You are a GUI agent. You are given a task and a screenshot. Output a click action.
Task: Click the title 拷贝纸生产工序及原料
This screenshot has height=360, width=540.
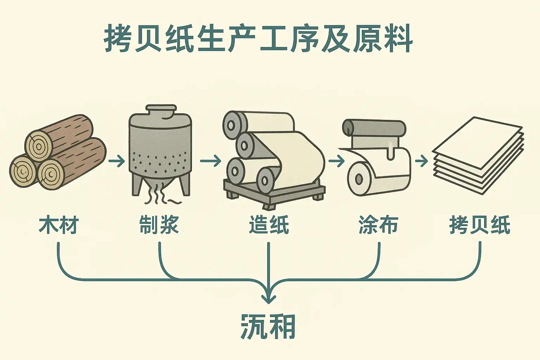point(258,39)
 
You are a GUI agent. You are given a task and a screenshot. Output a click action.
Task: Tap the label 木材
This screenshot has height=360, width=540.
point(58,225)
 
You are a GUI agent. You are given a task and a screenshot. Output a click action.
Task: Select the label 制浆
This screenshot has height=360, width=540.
point(159,225)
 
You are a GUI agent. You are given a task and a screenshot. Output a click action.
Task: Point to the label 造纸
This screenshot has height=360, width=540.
point(269,225)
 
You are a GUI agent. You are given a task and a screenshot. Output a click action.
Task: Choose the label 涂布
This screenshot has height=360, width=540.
point(378,225)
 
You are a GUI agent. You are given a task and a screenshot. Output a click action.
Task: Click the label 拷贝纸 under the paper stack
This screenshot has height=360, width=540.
point(480,225)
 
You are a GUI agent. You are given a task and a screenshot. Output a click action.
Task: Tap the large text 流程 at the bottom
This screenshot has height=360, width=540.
point(268,326)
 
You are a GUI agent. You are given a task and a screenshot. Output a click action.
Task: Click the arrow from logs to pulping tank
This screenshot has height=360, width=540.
point(117,161)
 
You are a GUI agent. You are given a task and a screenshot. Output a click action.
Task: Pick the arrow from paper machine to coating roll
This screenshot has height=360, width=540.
point(336,161)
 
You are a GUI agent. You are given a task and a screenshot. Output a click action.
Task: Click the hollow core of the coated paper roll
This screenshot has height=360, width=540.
point(359,179)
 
